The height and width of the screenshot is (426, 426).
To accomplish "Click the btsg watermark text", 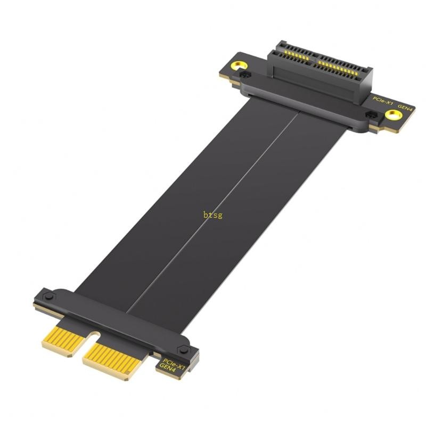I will pyautogui.click(x=212, y=215).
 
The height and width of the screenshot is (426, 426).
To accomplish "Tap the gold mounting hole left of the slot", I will pyautogui.click(x=238, y=67).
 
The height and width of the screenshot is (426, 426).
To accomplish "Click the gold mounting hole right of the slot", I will pyautogui.click(x=393, y=114).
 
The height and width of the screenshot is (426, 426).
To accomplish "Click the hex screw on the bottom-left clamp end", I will pyautogui.click(x=48, y=296).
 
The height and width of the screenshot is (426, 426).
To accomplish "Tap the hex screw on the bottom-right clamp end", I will pyautogui.click(x=184, y=350).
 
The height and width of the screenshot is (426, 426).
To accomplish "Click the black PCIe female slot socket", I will pyautogui.click(x=319, y=80).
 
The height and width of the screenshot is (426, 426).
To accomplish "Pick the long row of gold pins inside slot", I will pyautogui.click(x=341, y=67).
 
